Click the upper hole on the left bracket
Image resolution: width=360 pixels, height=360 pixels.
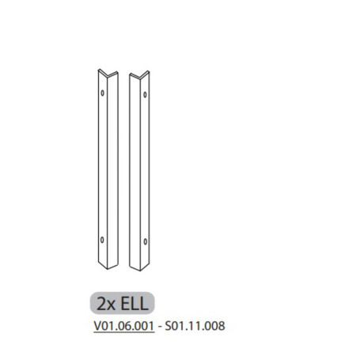103,93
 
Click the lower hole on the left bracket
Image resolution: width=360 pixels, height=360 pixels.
102,239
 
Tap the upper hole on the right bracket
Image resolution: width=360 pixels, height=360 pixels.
146,94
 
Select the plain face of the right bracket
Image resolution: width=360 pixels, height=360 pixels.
134,166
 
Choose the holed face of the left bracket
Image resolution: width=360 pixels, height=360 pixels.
102,166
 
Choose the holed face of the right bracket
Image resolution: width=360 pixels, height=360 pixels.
145,166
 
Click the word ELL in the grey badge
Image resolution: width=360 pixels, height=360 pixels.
134,302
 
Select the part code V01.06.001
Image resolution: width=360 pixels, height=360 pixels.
124,323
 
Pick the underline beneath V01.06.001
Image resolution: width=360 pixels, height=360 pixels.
124,329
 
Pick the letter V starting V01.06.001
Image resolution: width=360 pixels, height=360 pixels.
97,323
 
